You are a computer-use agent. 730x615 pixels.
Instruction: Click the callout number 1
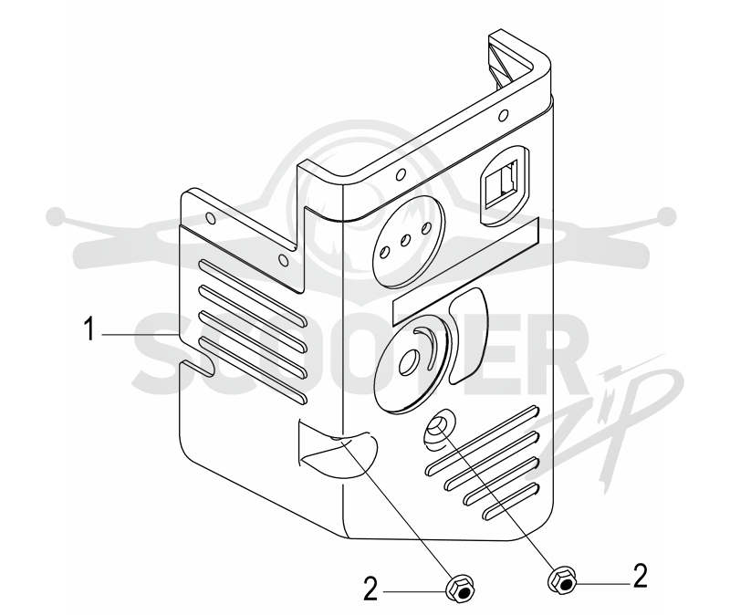89,328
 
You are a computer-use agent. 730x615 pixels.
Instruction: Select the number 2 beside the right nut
641,576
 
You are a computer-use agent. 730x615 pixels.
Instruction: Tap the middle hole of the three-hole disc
405,240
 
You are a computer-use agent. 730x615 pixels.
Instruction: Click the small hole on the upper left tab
210,218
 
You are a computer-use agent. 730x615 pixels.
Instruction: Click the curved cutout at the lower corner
338,450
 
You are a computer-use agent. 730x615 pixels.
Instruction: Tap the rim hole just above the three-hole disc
399,174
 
